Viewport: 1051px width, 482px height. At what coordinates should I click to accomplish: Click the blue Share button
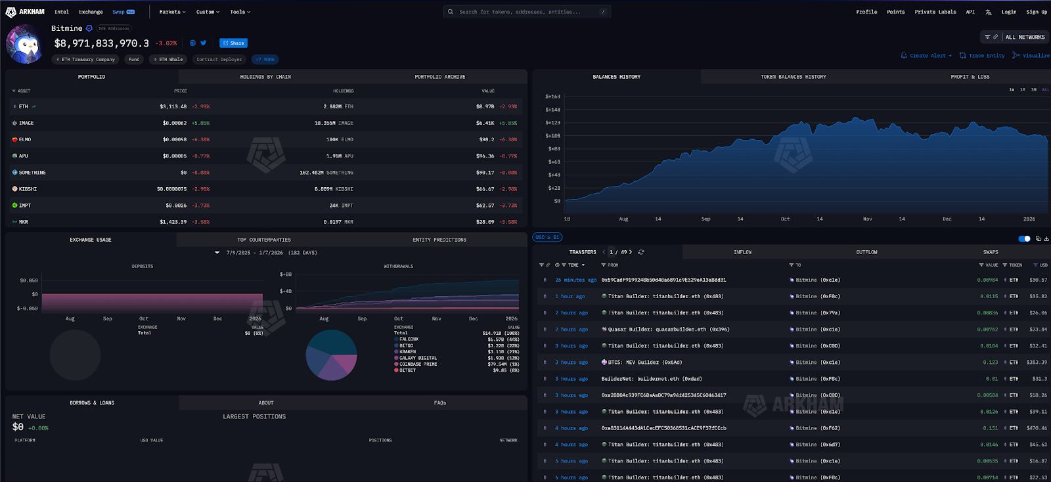[x=233, y=43]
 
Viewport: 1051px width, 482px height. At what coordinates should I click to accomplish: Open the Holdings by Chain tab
[x=265, y=77]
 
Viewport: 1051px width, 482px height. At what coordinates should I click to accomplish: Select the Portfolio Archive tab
[x=439, y=77]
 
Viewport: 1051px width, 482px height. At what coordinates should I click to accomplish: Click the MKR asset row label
[x=24, y=222]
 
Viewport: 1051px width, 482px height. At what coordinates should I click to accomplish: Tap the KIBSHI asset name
[x=28, y=189]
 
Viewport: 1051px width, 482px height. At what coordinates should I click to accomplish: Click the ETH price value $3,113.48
[x=173, y=106]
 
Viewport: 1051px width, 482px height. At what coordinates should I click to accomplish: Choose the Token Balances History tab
[x=793, y=77]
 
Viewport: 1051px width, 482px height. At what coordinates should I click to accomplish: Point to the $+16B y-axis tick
[x=552, y=97]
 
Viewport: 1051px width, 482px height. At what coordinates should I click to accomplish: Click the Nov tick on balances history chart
[x=867, y=219]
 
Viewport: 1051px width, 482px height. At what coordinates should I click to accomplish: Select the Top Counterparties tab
[x=263, y=240]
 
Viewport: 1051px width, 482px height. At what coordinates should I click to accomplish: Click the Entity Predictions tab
[x=439, y=240]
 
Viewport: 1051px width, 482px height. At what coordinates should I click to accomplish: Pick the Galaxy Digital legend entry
[x=418, y=358]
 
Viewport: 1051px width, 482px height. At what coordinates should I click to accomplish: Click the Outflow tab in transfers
[x=866, y=252]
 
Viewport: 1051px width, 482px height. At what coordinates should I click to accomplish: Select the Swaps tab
[x=991, y=252]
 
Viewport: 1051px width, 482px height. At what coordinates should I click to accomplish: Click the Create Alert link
[x=927, y=56]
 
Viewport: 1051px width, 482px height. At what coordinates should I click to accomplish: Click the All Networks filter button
[x=1024, y=37]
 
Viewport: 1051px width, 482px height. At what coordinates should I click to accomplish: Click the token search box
[x=525, y=12]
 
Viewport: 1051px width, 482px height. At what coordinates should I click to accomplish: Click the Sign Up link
[x=1037, y=12]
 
